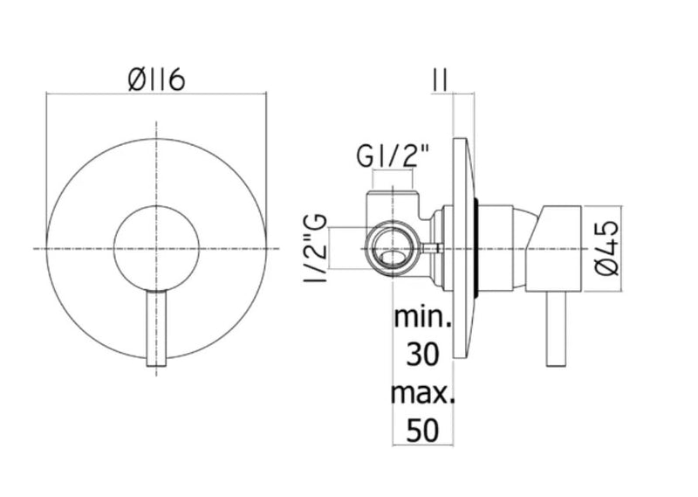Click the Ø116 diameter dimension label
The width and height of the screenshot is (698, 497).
click(155, 82)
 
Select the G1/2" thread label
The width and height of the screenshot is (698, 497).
click(393, 160)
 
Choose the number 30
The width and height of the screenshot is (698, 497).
click(423, 354)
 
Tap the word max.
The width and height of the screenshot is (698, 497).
click(423, 393)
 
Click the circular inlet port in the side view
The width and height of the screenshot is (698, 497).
click(391, 249)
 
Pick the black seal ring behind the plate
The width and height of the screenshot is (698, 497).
click(477, 249)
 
